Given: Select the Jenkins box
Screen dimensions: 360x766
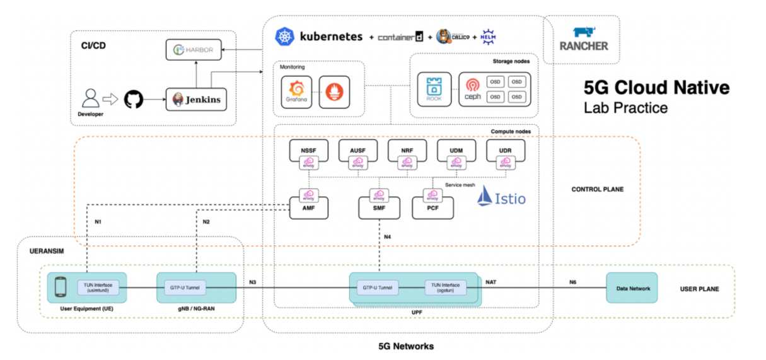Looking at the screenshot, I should point(196,100).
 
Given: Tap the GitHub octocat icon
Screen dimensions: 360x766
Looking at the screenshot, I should point(134,99).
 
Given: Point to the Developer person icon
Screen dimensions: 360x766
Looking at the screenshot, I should point(91,99).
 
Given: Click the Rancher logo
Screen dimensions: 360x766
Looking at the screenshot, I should point(582,39).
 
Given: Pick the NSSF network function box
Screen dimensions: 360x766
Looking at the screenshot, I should point(309,150).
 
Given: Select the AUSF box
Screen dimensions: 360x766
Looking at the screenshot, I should point(358,150).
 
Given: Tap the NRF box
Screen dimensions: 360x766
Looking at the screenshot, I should point(407,150).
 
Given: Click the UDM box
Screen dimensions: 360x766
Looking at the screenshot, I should point(456,150).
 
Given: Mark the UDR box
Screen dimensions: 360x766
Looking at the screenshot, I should point(506,150).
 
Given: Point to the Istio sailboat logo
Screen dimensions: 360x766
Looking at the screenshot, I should point(484,197).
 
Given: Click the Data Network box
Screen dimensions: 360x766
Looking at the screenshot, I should point(631,288).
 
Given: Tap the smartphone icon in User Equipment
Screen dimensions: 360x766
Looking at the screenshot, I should point(61,288).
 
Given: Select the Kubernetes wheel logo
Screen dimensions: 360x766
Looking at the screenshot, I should point(285,36).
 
